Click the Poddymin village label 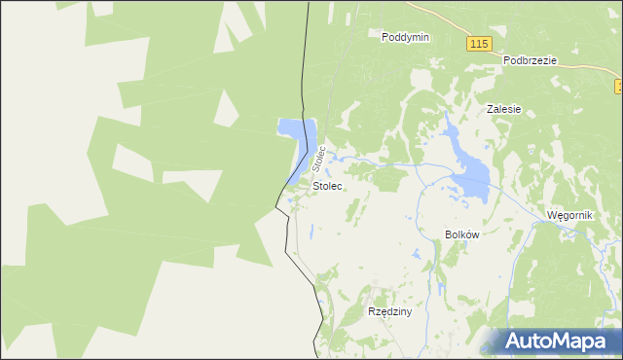click(406, 37)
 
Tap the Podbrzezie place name click(530, 59)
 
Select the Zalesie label click(504, 110)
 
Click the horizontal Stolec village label click(327, 185)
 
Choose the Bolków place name click(462, 234)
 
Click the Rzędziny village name click(390, 312)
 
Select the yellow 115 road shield click(477, 45)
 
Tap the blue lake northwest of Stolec click(295, 131)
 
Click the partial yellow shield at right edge click(619, 88)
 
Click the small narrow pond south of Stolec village click(311, 232)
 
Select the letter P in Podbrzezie click(507, 59)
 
